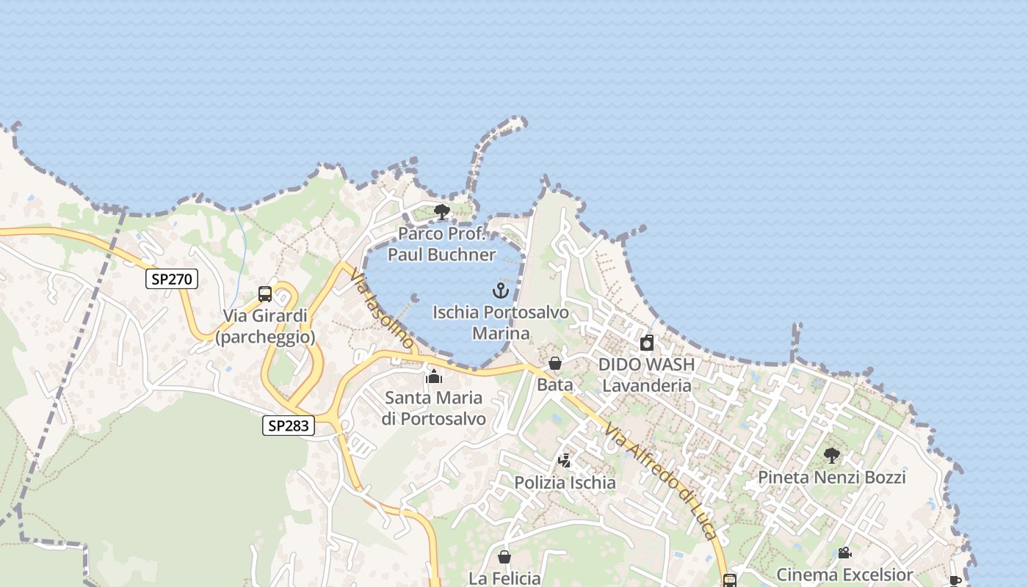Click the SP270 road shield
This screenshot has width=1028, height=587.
pos(172,278)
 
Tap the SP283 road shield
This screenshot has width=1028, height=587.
pos(289,425)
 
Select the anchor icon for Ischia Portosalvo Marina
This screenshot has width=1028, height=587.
pos(501,291)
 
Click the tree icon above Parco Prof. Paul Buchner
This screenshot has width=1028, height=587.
pos(442,213)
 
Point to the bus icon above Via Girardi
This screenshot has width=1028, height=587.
pos(265,294)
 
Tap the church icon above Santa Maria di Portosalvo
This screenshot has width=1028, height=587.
pos(434,376)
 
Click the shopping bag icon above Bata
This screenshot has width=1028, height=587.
pos(555,363)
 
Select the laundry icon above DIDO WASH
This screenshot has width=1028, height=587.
pos(646,343)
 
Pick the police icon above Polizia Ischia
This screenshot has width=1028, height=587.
pos(565,461)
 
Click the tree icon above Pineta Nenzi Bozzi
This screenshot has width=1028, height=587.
pos(831,456)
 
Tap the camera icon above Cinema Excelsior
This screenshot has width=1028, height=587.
pos(844,553)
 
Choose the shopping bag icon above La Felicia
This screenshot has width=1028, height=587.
pos(504,557)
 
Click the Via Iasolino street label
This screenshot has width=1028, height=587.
pos(382,308)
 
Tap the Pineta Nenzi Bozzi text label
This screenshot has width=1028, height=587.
pos(832,478)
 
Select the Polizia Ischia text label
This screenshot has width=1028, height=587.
pos(565,483)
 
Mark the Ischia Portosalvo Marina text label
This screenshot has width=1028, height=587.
pos(501,323)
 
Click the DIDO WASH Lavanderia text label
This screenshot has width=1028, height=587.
pos(646,375)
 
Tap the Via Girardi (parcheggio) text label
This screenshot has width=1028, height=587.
pos(265,327)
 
